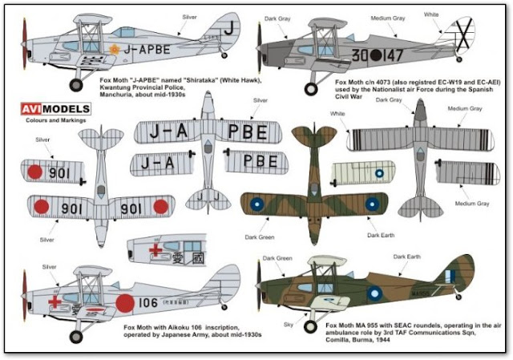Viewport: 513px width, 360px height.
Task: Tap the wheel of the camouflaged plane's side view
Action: pyautogui.click(x=309, y=326)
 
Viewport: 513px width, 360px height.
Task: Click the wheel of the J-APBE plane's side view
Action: pyautogui.click(x=77, y=84)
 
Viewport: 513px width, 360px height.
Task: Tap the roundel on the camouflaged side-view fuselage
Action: pyautogui.click(x=374, y=294)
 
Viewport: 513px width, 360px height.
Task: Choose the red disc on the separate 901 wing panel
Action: pyautogui.click(x=34, y=171)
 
